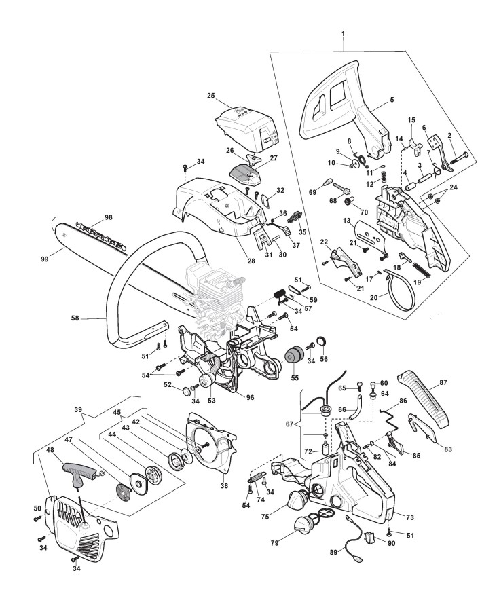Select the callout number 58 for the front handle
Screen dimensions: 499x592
coord(75,318)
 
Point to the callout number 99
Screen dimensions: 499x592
coord(45,259)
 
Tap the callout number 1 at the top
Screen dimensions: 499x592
coord(343,34)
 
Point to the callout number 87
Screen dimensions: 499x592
coord(443,382)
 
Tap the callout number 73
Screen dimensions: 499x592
coord(410,516)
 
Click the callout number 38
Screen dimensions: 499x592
coord(224,486)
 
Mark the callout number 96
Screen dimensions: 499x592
coord(250,397)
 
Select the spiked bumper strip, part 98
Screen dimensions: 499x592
coord(101,235)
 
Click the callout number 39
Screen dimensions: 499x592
coord(79,409)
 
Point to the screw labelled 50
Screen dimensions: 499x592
coord(37,519)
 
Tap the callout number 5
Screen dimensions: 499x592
coord(392,100)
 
